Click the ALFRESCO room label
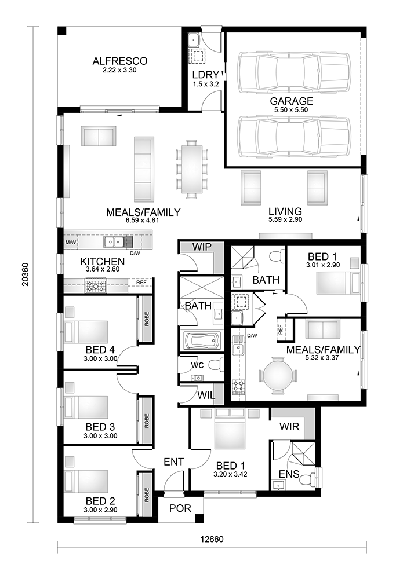pyautogui.click(x=120, y=61)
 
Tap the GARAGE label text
pyautogui.click(x=292, y=101)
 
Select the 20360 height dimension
pyautogui.click(x=25, y=274)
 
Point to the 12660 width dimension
pyautogui.click(x=212, y=539)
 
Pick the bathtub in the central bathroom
pyautogui.click(x=202, y=340)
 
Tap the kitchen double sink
pyautogui.click(x=114, y=242)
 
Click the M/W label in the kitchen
pyautogui.click(x=70, y=243)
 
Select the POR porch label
pyautogui.click(x=180, y=508)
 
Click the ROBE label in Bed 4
pyautogui.click(x=147, y=318)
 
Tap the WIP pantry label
pyautogui.click(x=202, y=247)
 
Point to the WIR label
pyautogui.click(x=289, y=427)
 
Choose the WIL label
pyautogui.click(x=206, y=395)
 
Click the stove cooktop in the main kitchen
pyautogui.click(x=96, y=286)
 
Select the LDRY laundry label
pyautogui.click(x=206, y=75)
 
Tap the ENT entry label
pyautogui.click(x=174, y=462)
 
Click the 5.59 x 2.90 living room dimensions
pyautogui.click(x=285, y=219)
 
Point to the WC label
pyautogui.click(x=197, y=365)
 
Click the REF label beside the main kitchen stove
pyautogui.click(x=141, y=283)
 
